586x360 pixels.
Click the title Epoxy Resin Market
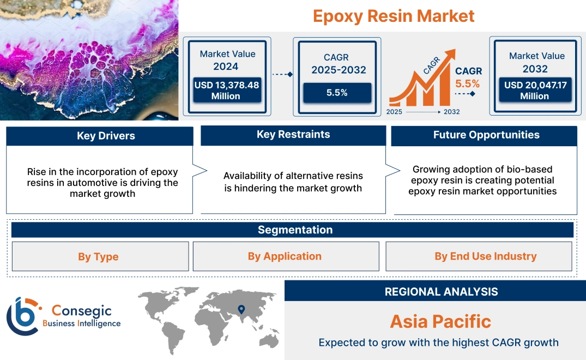(x=394, y=16)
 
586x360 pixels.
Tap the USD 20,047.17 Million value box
(x=534, y=91)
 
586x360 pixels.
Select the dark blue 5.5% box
(x=337, y=93)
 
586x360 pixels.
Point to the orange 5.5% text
(x=467, y=83)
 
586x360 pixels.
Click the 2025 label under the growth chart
(x=395, y=112)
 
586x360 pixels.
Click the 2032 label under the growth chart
(x=451, y=112)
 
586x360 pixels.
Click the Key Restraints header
(x=293, y=135)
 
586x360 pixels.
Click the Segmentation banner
(x=295, y=230)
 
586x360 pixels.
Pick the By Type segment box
(x=98, y=256)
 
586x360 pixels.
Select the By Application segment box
(x=285, y=256)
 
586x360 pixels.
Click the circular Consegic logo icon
(x=23, y=316)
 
